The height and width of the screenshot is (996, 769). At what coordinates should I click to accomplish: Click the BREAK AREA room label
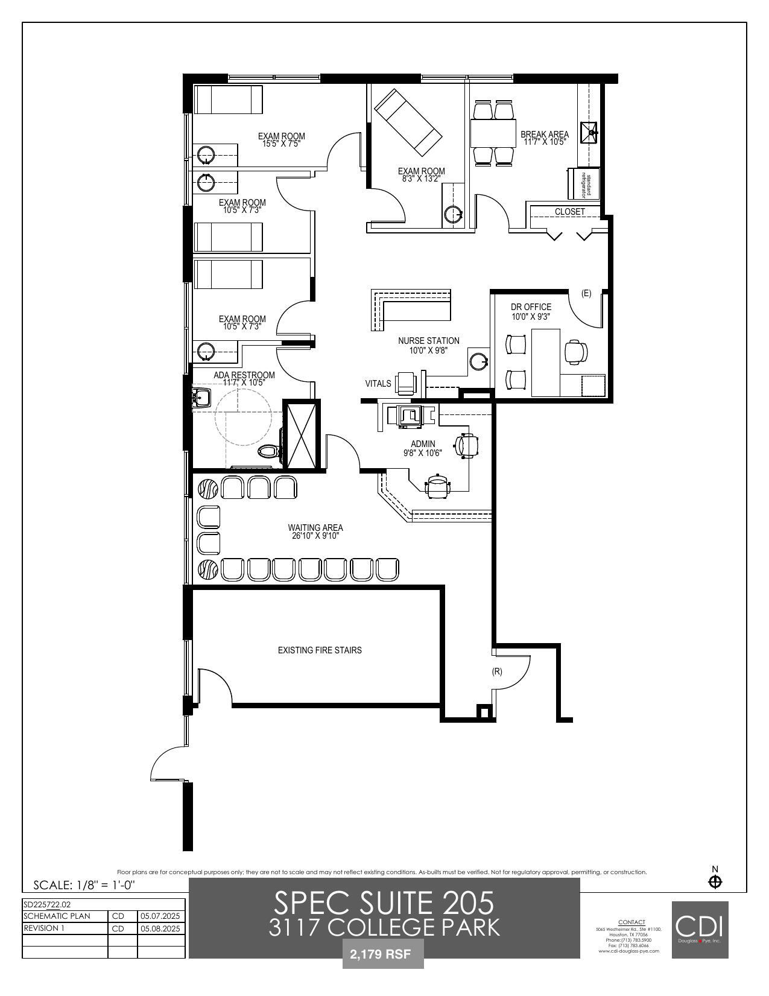[545, 135]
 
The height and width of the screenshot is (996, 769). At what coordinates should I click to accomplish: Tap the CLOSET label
[570, 212]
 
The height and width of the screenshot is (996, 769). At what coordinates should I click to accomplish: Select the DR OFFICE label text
[531, 307]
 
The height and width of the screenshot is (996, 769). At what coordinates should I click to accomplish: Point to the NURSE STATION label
[428, 341]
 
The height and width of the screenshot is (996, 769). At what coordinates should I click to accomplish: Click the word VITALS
[378, 384]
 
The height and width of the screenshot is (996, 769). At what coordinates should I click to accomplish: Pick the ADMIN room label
[423, 444]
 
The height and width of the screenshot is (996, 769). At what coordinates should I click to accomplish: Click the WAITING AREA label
[315, 528]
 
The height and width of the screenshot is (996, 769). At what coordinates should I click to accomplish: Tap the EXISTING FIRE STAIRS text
[320, 650]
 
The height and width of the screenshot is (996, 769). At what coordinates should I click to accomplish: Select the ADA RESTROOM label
[244, 375]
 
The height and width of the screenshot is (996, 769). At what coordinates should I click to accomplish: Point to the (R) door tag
[497, 671]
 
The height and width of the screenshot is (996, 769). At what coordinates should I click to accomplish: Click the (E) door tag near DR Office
[586, 293]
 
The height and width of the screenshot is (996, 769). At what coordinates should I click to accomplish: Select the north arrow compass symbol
[715, 882]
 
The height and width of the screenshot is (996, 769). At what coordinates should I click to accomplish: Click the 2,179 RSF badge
[383, 955]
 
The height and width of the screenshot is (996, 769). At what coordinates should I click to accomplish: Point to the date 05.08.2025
[160, 928]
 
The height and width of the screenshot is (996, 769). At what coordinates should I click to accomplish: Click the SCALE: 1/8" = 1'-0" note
[84, 885]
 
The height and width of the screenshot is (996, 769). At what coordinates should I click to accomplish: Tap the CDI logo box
[700, 929]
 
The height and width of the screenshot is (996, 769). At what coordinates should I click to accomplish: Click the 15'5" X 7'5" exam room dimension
[281, 144]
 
